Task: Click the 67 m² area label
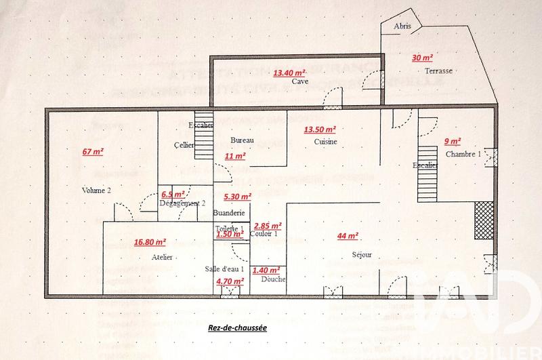93,151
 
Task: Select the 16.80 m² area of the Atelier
150,241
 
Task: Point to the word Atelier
163,258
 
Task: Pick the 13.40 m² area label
289,71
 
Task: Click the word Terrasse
438,71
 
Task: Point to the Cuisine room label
326,141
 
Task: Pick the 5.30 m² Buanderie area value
237,197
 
